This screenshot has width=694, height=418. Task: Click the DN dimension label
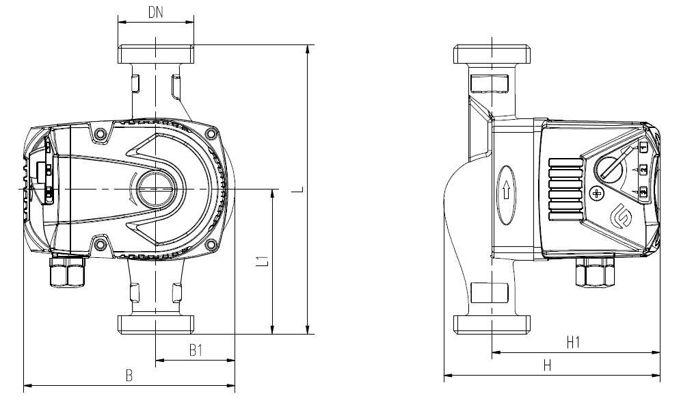pyautogui.click(x=156, y=12)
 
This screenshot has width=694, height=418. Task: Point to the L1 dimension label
pyautogui.click(x=259, y=261)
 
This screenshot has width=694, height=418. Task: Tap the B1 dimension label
pyautogui.click(x=196, y=350)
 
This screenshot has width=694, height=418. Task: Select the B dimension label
pyautogui.click(x=129, y=375)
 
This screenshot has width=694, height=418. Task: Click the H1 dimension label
pyautogui.click(x=573, y=342)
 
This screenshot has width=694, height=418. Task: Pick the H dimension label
pyautogui.click(x=547, y=365)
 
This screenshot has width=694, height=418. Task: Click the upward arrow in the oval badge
pyautogui.click(x=506, y=192)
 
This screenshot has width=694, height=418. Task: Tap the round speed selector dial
pyautogui.click(x=609, y=166)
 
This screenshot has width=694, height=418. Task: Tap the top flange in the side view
pyautogui.click(x=492, y=53)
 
